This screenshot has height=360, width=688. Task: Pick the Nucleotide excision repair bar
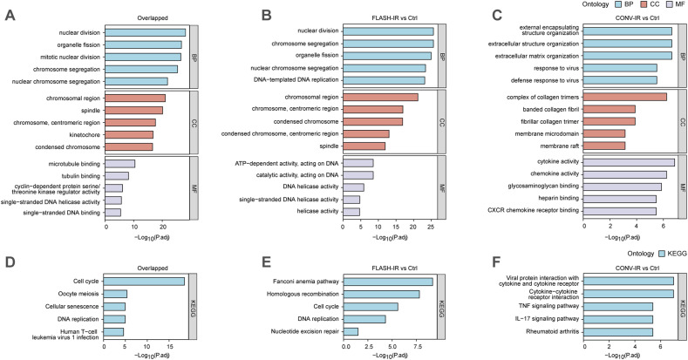352,331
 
